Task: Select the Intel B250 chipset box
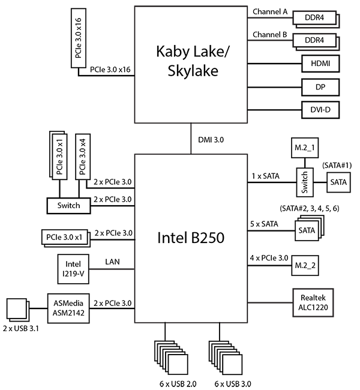pos(191,238)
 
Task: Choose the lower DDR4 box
pos(313,41)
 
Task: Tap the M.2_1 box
pos(304,148)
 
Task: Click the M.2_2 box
pos(305,265)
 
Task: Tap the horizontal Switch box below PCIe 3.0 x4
pos(68,205)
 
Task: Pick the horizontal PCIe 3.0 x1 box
pos(65,237)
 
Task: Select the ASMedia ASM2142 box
pos(68,307)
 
